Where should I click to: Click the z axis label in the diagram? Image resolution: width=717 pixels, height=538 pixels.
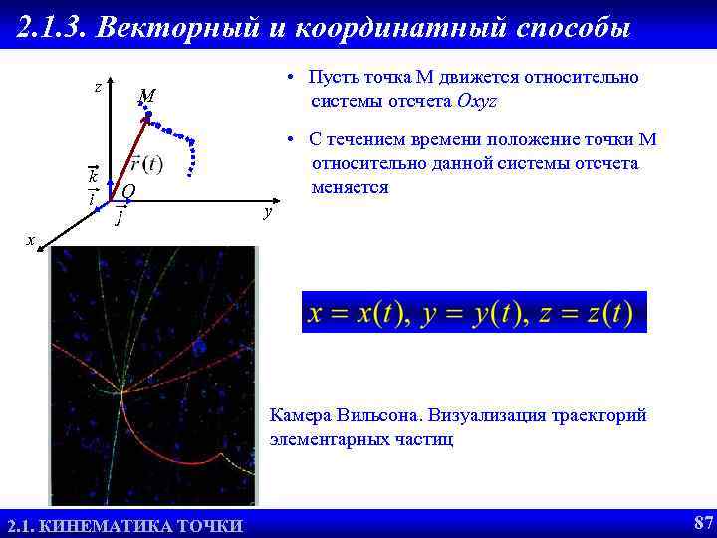point(97,87)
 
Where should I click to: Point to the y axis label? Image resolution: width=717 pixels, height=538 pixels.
point(266,212)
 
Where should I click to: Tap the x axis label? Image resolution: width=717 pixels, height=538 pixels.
point(31,240)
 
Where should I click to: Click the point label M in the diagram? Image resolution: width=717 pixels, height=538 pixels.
point(147,96)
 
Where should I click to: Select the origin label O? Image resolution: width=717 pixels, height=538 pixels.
point(128,191)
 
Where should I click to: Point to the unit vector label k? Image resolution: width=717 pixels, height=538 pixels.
point(92,175)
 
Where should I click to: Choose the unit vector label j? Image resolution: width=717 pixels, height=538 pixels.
point(120,215)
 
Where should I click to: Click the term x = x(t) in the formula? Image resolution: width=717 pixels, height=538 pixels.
point(358,313)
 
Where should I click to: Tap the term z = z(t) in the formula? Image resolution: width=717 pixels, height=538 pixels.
point(582,313)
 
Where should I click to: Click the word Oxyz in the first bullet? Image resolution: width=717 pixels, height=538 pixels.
point(477,101)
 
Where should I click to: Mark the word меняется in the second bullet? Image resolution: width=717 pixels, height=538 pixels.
point(350,187)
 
